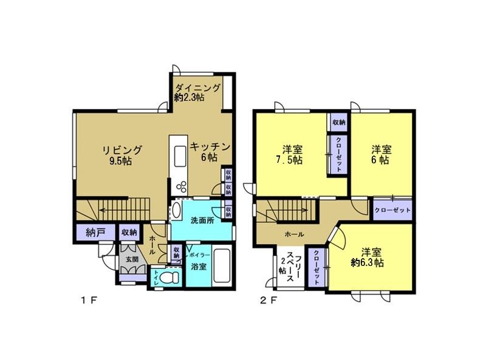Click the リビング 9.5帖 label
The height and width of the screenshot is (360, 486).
coord(122,155)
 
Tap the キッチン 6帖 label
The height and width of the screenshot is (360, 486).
coord(210,152)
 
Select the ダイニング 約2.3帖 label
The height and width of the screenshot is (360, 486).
coord(197,92)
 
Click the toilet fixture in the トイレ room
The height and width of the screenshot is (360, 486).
coord(170,277)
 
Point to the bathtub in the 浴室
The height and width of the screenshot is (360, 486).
coord(222,266)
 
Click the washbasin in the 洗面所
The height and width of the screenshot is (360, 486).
coord(176,210)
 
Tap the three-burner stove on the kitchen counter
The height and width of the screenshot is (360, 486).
coord(181,186)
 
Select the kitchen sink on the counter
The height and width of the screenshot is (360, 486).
coord(180,156)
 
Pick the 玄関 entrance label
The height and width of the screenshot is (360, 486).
coord(132,260)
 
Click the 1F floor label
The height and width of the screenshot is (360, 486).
coord(89,300)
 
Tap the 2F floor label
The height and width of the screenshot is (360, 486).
coord(268,300)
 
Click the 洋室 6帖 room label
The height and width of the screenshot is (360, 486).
coord(382,155)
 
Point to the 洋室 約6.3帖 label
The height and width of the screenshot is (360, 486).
coord(368,257)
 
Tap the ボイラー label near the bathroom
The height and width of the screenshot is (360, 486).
coord(199,255)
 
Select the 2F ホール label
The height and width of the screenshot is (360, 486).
coord(294,234)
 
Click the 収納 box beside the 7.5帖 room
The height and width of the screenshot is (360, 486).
coord(339,122)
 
